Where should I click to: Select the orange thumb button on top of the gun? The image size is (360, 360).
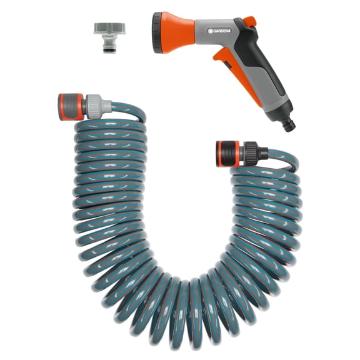point(249,22)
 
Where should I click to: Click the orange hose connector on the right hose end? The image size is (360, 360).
point(228,151)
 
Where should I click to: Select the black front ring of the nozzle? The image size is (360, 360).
point(154,29)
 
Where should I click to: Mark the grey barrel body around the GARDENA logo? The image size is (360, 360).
point(219,31)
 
